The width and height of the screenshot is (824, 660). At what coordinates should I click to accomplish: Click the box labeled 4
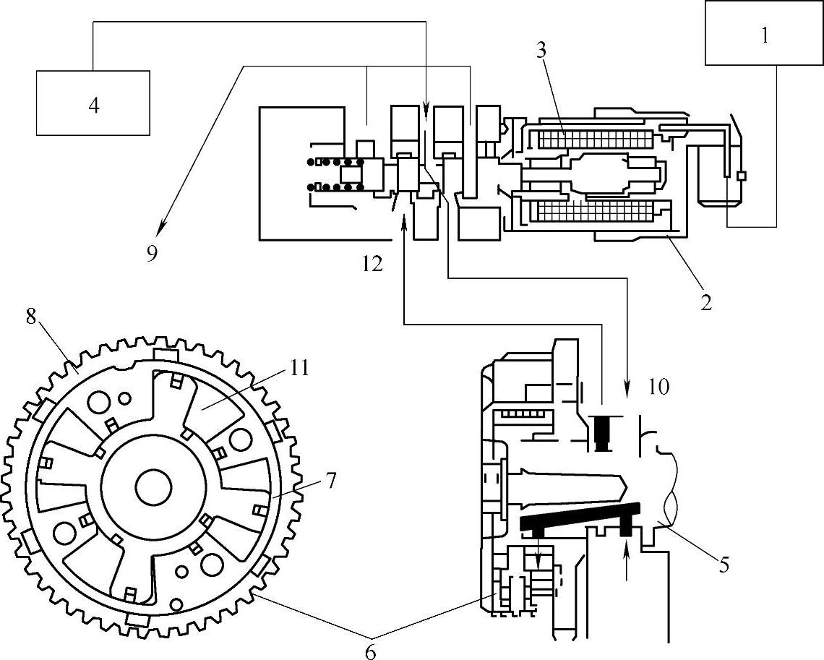point(93,103)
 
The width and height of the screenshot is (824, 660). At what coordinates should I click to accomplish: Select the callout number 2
point(705,302)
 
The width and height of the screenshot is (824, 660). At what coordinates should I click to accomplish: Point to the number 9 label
point(153,254)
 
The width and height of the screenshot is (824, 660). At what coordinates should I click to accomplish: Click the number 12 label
point(372,264)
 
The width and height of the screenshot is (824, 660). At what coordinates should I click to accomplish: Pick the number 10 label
point(658,387)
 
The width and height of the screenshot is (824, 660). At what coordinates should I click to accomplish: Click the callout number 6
point(371,652)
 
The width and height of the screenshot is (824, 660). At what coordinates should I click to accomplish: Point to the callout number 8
point(30,317)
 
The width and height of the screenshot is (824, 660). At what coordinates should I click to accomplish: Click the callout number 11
point(298,369)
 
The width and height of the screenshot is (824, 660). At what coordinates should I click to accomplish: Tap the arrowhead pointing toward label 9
point(161,227)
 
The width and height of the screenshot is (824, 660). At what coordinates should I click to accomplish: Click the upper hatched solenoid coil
point(596,140)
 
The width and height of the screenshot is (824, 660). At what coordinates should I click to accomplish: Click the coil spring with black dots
point(336,174)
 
